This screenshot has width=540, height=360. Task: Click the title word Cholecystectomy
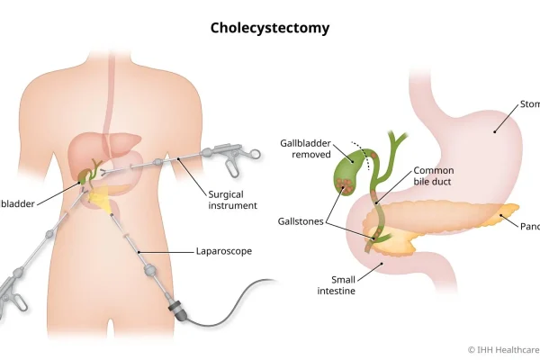click(x=270, y=28)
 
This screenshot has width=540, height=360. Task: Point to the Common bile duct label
click(x=434, y=176)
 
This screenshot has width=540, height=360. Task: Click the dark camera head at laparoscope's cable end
click(x=176, y=310)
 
